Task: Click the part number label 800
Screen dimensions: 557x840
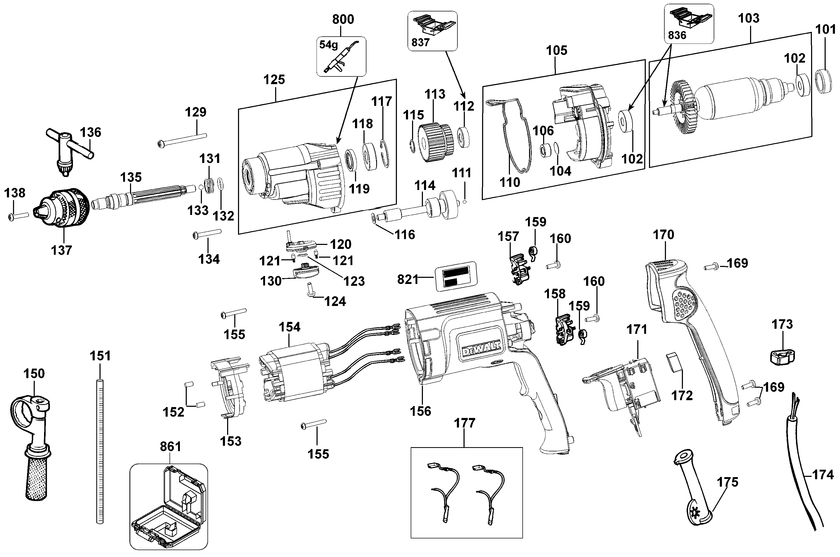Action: (x=343, y=19)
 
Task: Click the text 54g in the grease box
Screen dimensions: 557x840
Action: (x=328, y=45)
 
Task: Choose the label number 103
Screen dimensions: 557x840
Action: (x=749, y=19)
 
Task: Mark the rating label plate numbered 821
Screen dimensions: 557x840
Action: (x=456, y=276)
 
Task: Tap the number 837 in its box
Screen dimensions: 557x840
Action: (x=421, y=42)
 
